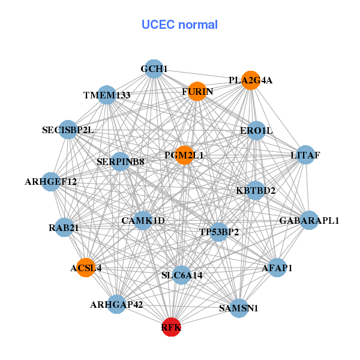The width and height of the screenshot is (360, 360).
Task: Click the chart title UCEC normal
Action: [179, 25]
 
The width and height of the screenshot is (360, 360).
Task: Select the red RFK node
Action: [171, 327]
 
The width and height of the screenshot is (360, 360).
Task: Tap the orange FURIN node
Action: [197, 91]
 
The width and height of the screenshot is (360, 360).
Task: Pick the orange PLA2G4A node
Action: [251, 80]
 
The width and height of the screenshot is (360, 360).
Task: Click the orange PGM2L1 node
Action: [184, 155]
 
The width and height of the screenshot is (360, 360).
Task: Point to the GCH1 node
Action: [154, 69]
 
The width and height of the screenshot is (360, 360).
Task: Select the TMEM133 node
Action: [107, 95]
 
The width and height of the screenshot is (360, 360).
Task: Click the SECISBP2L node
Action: [68, 130]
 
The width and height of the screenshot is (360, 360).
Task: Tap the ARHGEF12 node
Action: [51, 181]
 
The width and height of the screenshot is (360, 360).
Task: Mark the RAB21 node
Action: [64, 227]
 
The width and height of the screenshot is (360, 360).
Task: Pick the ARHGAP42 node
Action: [116, 304]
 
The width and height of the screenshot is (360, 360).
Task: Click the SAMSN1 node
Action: [239, 308]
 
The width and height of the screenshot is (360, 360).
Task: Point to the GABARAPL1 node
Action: [309, 220]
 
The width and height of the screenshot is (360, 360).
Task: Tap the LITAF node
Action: [305, 155]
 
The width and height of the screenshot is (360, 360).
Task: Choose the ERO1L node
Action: [256, 130]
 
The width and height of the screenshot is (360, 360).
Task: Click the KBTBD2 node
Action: [256, 191]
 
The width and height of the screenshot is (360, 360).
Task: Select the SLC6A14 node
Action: [182, 275]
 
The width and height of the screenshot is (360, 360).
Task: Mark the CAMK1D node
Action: [143, 220]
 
